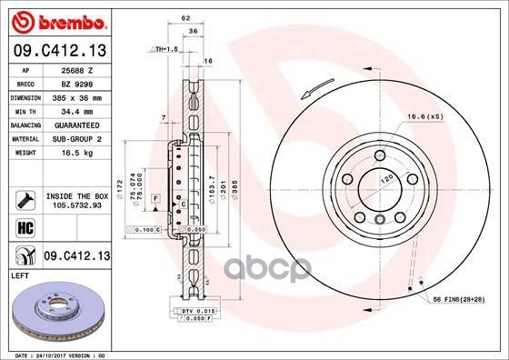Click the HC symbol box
click(x=19, y=225)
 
